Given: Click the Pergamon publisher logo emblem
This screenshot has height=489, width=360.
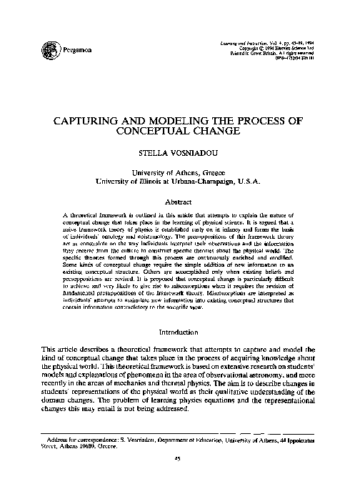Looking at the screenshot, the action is click(50, 50).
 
